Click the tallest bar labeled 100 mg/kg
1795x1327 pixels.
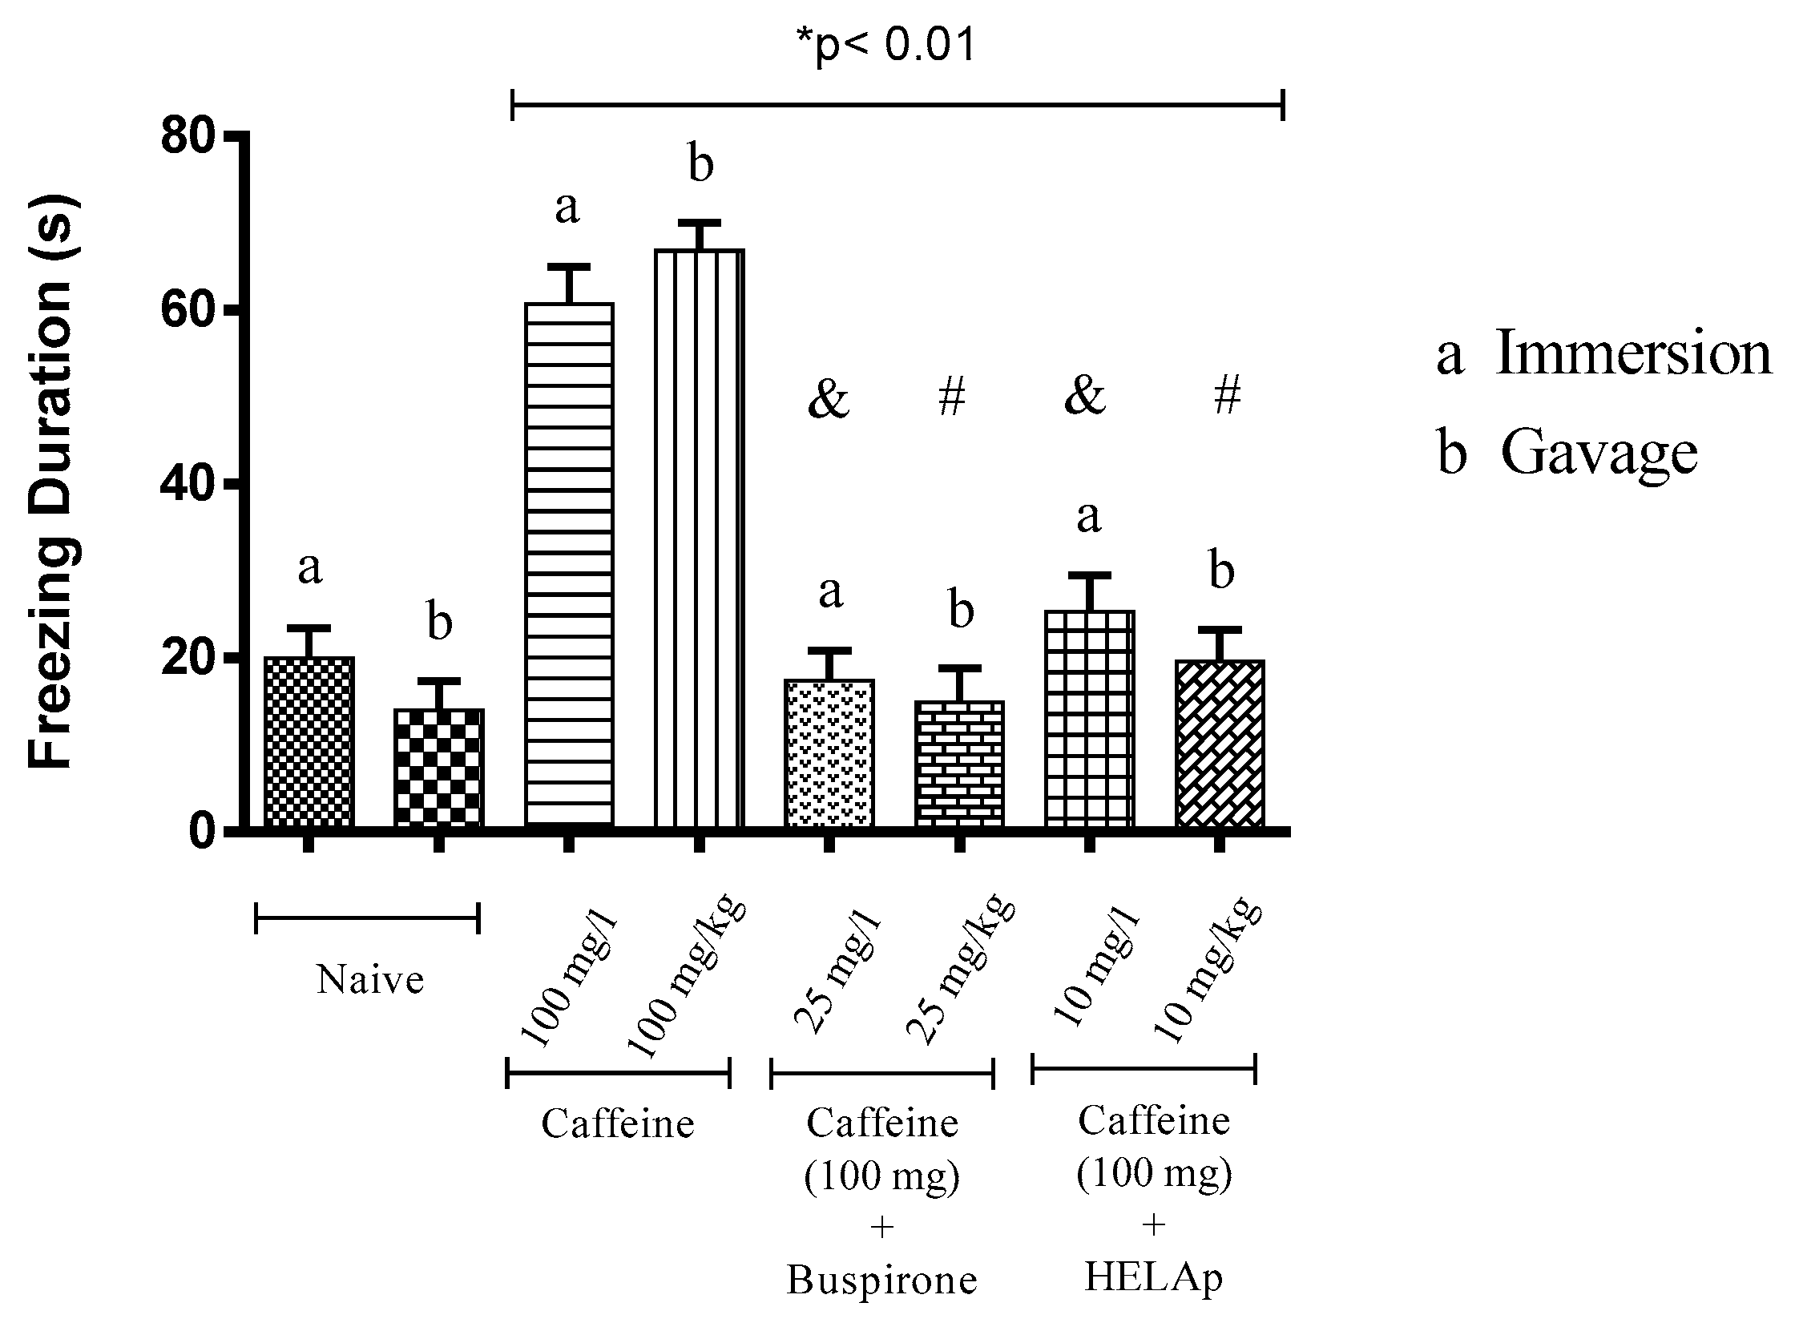click(x=699, y=538)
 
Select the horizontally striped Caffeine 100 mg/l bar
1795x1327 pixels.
click(x=569, y=563)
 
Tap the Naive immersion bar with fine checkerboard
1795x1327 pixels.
click(x=309, y=743)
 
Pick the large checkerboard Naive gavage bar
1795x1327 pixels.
click(x=438, y=767)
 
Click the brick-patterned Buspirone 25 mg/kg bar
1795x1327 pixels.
click(x=959, y=763)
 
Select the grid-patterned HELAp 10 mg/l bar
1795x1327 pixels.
click(x=1089, y=719)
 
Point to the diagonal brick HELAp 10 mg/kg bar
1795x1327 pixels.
click(x=1219, y=743)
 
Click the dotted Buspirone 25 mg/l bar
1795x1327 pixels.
click(x=829, y=752)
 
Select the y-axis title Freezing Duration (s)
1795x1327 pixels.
click(x=51, y=482)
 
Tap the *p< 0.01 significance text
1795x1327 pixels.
click(x=885, y=45)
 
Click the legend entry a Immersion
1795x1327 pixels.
click(x=1602, y=353)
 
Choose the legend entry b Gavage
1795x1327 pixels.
click(x=1566, y=453)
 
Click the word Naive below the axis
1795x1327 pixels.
click(x=369, y=980)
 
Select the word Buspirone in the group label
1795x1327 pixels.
click(x=881, y=1279)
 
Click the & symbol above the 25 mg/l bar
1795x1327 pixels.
click(x=828, y=399)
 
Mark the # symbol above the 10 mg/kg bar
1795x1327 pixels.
click(x=1226, y=395)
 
